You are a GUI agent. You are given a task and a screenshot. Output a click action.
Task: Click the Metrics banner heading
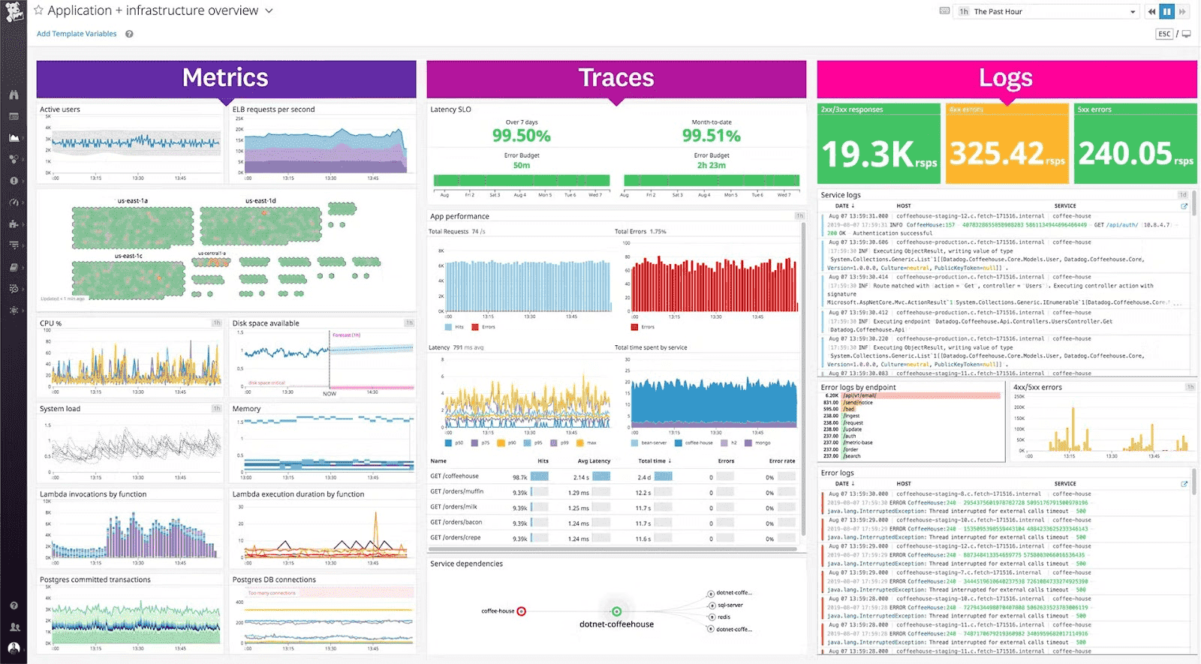pos(225,78)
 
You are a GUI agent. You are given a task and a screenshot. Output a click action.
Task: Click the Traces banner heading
pos(616,78)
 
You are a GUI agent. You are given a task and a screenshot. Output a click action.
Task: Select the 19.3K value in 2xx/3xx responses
pos(868,155)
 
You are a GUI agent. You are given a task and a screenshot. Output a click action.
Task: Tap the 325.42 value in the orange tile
pos(997,154)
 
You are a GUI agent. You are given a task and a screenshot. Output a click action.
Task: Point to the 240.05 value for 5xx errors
pos(1125,154)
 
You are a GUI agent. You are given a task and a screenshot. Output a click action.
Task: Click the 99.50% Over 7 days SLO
pos(521,136)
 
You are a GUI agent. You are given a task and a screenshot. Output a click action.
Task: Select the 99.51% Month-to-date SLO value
pos(711,136)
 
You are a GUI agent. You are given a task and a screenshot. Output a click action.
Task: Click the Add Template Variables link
pos(77,34)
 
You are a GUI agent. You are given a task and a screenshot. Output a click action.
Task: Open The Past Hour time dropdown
pos(1047,11)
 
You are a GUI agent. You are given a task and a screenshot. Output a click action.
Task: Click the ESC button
pos(1164,34)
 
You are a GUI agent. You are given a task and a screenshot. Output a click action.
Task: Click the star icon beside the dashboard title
pos(39,11)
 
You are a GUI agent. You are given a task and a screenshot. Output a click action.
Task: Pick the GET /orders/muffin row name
pos(456,491)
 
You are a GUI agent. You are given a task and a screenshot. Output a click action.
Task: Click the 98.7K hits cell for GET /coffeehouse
pos(519,477)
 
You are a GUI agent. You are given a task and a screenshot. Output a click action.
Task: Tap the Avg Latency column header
pos(594,461)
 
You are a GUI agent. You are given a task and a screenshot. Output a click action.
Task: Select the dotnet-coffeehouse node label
pos(616,624)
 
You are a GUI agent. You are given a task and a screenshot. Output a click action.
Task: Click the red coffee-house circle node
pos(522,611)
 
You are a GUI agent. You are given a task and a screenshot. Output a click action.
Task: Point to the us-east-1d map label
pos(260,201)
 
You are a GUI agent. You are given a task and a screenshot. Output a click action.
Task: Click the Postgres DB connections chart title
pos(274,580)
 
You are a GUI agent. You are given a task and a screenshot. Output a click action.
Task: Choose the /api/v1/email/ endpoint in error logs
pos(859,395)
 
